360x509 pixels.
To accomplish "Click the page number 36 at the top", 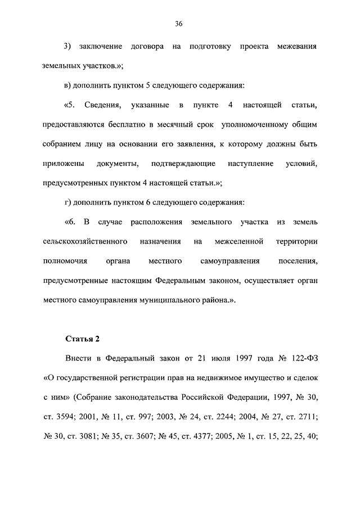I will (179, 24).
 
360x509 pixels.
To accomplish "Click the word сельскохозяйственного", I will (82, 241).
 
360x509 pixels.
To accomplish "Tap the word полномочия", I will (64, 261).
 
